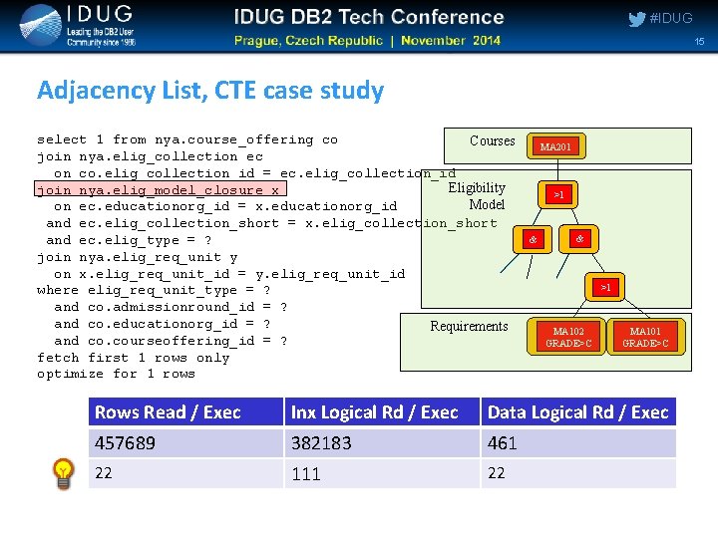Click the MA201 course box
click(x=555, y=147)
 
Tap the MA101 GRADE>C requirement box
click(x=645, y=337)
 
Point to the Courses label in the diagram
click(x=493, y=140)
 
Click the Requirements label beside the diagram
click(x=469, y=326)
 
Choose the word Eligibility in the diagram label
click(x=477, y=188)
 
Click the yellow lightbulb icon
click(x=64, y=473)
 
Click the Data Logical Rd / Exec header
click(x=577, y=412)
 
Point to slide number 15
click(x=699, y=41)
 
